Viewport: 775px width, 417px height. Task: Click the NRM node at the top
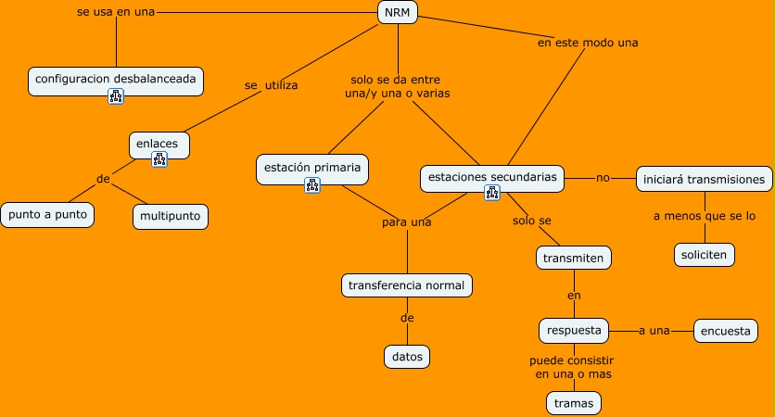398,12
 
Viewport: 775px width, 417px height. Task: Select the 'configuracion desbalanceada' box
116,80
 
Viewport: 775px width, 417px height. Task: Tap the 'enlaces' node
159,144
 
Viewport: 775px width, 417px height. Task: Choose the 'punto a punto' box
47,215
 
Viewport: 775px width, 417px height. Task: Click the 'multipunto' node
171,217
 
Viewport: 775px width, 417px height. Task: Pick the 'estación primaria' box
312,168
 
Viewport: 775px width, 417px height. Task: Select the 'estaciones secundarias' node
492,175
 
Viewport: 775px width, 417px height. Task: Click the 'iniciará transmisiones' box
705,179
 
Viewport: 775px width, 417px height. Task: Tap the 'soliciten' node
705,254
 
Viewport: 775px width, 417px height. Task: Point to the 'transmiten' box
574,258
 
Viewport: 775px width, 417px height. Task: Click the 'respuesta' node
574,330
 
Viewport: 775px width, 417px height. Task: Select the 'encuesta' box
726,331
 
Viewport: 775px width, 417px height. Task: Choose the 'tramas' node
573,403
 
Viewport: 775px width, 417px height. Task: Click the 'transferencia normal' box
407,284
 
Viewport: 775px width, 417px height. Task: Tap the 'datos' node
407,356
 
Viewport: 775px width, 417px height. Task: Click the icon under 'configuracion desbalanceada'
116,96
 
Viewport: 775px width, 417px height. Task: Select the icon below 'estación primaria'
312,185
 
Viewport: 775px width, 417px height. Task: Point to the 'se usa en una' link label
116,12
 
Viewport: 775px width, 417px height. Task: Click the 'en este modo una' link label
588,43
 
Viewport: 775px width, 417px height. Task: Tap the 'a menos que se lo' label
705,216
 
